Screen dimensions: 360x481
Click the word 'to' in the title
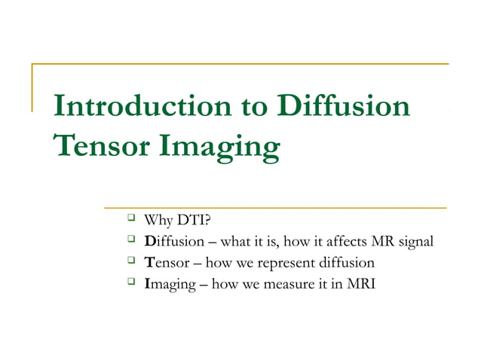coord(240,107)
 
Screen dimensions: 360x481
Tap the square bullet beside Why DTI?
coord(130,220)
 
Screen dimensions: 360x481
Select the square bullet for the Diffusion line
coord(130,241)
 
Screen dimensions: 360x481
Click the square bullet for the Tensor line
coord(130,262)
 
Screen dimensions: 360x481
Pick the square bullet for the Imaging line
coord(130,283)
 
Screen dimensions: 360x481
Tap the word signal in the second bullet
coord(414,242)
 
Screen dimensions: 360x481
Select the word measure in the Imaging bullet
coord(278,284)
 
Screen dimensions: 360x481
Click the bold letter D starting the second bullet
coord(149,242)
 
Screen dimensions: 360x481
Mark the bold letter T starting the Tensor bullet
coord(149,263)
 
